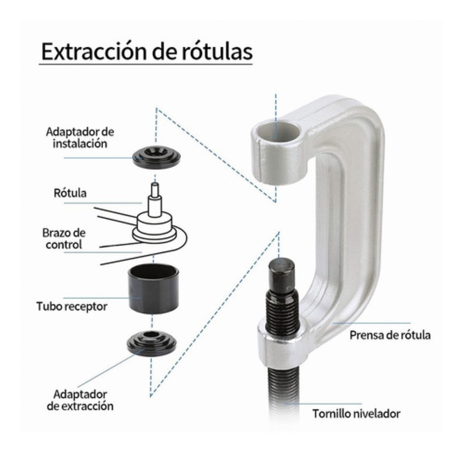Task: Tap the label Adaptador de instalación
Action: tap(80, 138)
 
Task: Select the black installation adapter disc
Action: tap(156, 156)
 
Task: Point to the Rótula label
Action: tap(70, 193)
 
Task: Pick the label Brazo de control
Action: tap(64, 239)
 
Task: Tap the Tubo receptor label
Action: tap(72, 307)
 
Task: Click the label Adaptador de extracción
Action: tap(80, 400)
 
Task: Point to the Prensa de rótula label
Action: tap(390, 335)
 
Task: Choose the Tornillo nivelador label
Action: tap(356, 414)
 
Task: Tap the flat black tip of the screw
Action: tap(281, 267)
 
